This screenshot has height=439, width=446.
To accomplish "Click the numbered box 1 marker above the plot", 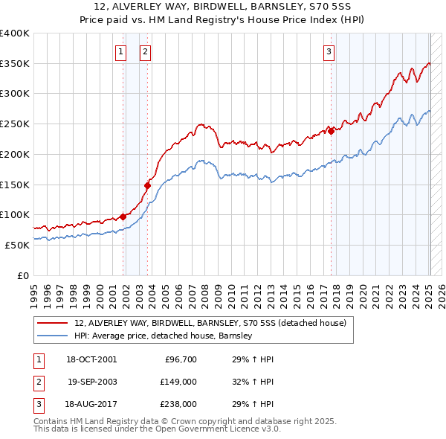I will click(x=120, y=51).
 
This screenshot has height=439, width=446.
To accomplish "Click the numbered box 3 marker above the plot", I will click(x=329, y=51).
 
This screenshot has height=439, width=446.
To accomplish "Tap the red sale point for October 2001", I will click(x=123, y=217).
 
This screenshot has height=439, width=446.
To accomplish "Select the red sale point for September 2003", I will click(x=148, y=185).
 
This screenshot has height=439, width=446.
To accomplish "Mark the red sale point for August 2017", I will click(x=332, y=131).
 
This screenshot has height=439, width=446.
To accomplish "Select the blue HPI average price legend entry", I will click(x=164, y=336).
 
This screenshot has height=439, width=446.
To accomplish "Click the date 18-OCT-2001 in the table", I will click(x=91, y=359).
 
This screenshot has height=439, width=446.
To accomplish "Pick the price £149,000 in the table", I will click(x=178, y=382).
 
